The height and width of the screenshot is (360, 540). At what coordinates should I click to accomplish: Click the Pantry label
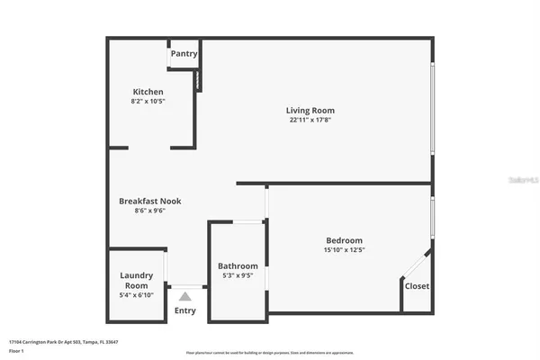pyautogui.click(x=184, y=54)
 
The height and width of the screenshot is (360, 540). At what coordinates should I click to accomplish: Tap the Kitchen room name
pyautogui.click(x=148, y=92)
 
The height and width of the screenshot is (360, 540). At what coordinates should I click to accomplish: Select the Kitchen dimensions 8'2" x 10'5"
pyautogui.click(x=148, y=102)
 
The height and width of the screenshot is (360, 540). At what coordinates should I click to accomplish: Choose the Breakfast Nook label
pyautogui.click(x=150, y=201)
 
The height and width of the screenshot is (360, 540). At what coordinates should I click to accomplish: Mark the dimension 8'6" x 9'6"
pyautogui.click(x=150, y=211)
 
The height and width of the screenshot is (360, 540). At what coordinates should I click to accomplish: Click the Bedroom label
pyautogui.click(x=344, y=240)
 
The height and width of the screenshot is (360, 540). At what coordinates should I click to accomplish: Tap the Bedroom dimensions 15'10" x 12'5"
pyautogui.click(x=344, y=250)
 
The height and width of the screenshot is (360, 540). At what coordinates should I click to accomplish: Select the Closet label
pyautogui.click(x=417, y=286)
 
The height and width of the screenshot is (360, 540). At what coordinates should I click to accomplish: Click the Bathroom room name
pyautogui.click(x=238, y=265)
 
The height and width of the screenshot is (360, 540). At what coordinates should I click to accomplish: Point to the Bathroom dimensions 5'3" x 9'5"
pyautogui.click(x=238, y=275)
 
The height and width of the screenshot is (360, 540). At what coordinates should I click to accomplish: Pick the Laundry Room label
pyautogui.click(x=137, y=280)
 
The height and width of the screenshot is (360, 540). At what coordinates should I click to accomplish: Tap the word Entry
pyautogui.click(x=184, y=310)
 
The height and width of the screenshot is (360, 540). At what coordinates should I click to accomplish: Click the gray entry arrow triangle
pyautogui.click(x=184, y=295)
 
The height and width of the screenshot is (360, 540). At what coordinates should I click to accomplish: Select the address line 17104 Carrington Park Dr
pyautogui.click(x=63, y=342)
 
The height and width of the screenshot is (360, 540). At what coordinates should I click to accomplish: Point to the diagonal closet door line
pyautogui.click(x=415, y=266)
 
